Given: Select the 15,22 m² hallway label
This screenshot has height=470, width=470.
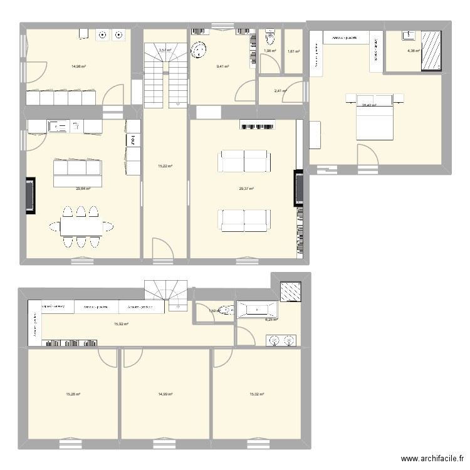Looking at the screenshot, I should point(165,166).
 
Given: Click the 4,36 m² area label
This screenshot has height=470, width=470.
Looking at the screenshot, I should point(413,51).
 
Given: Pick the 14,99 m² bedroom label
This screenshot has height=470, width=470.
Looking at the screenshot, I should point(165,394).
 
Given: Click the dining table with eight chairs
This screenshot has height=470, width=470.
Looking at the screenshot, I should point(79,226).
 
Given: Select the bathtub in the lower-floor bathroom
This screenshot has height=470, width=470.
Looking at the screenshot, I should point(257,308).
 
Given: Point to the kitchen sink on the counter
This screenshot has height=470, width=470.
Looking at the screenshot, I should point(61,127).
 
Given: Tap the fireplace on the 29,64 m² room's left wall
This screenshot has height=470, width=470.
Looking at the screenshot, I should point(30,195).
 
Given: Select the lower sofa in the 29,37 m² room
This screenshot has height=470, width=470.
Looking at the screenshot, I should point(244,219).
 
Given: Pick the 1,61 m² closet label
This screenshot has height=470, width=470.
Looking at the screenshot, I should point(293,51).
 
